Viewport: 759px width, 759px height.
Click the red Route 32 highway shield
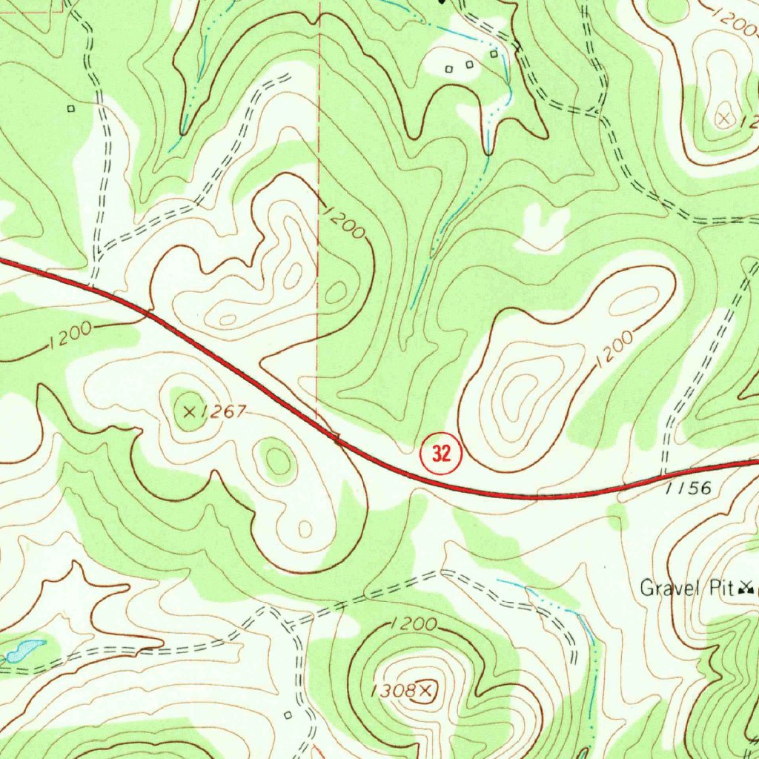pos(441,454)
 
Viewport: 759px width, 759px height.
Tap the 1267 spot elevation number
pos(222,412)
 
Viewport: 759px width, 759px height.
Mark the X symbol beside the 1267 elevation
pos(189,410)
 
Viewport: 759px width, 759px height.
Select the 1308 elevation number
pos(394,691)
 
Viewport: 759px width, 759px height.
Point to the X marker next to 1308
pos(425,691)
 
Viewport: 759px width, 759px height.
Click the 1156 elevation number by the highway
pos(692,488)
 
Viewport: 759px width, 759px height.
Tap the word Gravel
pos(669,589)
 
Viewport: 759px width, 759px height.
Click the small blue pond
pos(24,650)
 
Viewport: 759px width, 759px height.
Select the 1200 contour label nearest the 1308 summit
pos(412,624)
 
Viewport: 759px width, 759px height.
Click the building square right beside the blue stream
pos(494,53)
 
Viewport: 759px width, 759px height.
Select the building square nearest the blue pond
pos(287,715)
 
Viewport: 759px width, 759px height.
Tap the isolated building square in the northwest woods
pos(71,108)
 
